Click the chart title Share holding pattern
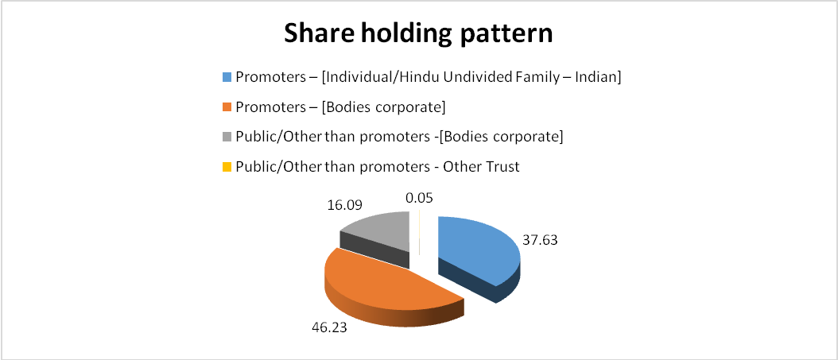418,34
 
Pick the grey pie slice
376,237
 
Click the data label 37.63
540,240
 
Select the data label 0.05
419,198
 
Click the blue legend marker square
227,77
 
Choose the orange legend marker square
227,107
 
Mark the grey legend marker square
227,137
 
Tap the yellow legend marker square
227,167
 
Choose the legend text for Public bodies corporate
399,137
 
